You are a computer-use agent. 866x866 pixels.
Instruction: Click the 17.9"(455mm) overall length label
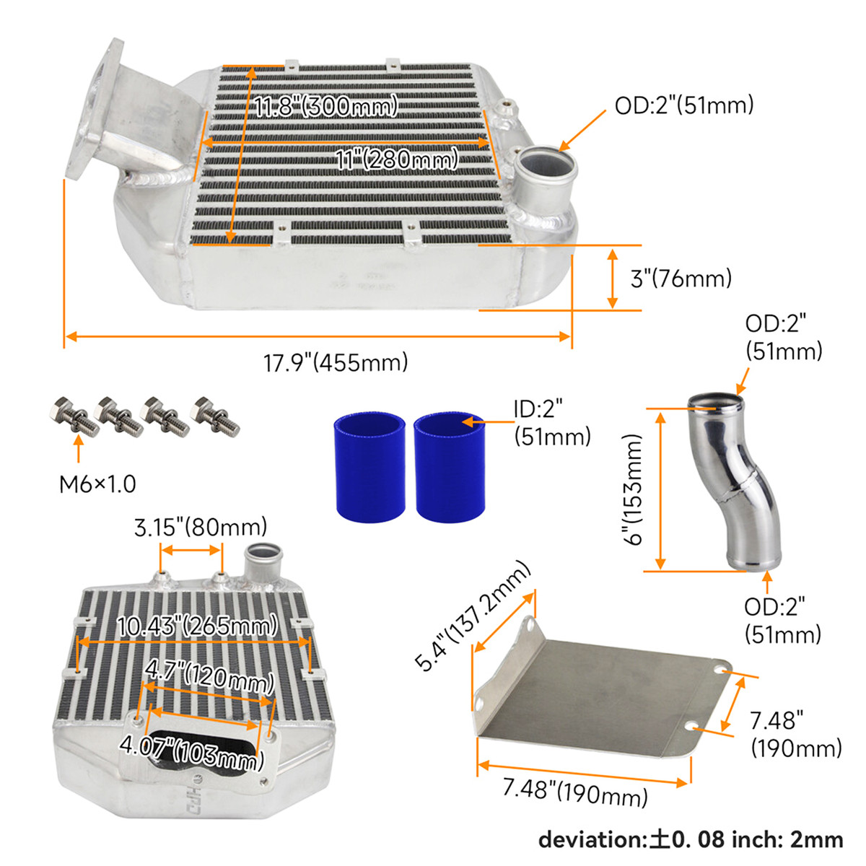click(336, 362)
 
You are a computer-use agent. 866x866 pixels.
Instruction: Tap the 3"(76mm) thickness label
click(681, 279)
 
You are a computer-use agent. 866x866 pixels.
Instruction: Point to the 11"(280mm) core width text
click(397, 159)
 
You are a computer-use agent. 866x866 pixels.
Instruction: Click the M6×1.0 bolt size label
click(97, 484)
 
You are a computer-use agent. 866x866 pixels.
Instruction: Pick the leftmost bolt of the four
click(74, 416)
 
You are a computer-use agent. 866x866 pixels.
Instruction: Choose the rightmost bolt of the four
click(215, 416)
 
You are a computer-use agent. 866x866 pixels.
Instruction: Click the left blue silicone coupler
click(370, 468)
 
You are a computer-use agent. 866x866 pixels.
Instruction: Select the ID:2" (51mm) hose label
click(552, 423)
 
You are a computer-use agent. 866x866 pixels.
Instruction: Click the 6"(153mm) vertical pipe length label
click(634, 490)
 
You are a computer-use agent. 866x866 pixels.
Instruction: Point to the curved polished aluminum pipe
click(738, 481)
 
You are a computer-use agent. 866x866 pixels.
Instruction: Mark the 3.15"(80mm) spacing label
click(201, 527)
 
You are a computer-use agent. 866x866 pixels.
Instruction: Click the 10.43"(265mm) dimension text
click(197, 626)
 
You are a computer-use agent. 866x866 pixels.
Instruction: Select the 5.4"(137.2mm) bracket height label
click(473, 616)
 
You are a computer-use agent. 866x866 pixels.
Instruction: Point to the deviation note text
click(691, 839)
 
